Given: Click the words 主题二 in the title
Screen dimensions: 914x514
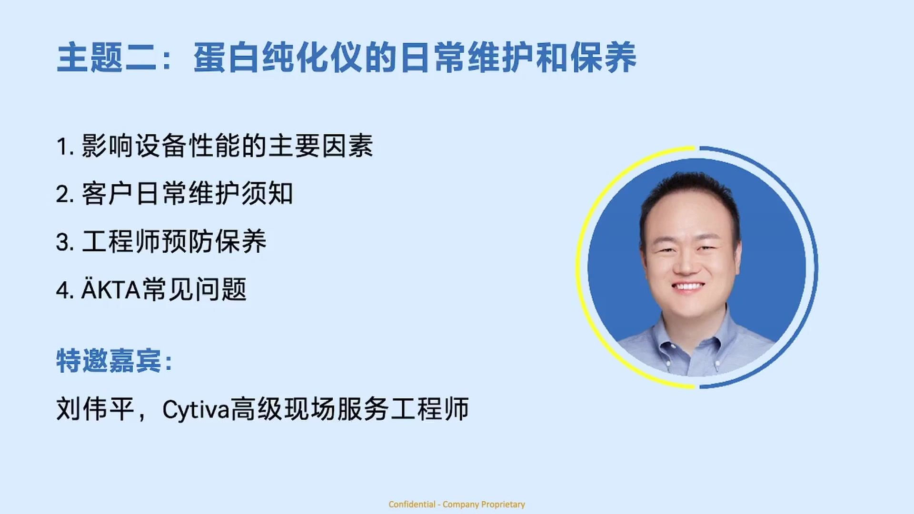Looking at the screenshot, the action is pyautogui.click(x=107, y=58).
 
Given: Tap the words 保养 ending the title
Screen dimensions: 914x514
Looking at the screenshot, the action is pyautogui.click(x=604, y=58).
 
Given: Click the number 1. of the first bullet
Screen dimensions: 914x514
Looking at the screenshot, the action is pyautogui.click(x=65, y=146).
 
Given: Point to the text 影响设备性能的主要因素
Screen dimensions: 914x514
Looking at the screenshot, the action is pyautogui.click(x=227, y=146).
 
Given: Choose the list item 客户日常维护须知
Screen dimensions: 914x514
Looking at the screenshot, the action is pyautogui.click(x=187, y=193).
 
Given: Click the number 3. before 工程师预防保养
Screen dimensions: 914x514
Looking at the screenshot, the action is pyautogui.click(x=65, y=242).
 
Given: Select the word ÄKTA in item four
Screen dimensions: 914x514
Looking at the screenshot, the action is pyautogui.click(x=111, y=289).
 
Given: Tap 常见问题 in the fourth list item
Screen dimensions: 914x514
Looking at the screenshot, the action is pyautogui.click(x=195, y=289).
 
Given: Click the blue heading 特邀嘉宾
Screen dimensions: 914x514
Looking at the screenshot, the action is pyautogui.click(x=109, y=360).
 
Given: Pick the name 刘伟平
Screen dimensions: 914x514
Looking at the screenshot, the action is pyautogui.click(x=95, y=409).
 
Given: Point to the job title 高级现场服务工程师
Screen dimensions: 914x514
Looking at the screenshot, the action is pyautogui.click(x=350, y=409).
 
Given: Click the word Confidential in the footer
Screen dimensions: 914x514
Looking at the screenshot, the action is pyautogui.click(x=412, y=504).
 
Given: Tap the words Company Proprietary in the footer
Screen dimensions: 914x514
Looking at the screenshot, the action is pyautogui.click(x=484, y=504).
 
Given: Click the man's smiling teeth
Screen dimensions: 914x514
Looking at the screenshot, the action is pyautogui.click(x=687, y=287).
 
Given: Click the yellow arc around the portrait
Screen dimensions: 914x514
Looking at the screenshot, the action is pyautogui.click(x=583, y=267).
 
